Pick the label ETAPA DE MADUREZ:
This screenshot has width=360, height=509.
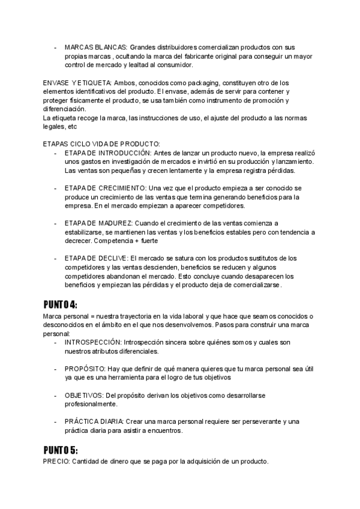[x=100, y=223]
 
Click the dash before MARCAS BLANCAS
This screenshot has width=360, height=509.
[x=56, y=47]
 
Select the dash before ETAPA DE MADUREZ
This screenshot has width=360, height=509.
[x=56, y=223]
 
